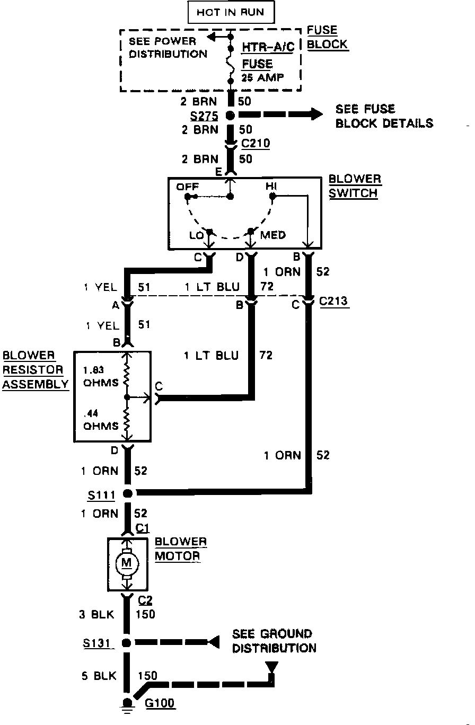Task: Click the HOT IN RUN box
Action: [x=230, y=12]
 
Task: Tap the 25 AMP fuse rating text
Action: [x=262, y=77]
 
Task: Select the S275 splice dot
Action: [x=231, y=114]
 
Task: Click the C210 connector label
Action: [x=255, y=144]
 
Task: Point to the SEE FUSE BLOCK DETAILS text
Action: [x=384, y=116]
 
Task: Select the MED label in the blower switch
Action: [x=273, y=234]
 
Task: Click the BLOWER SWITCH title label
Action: [x=354, y=185]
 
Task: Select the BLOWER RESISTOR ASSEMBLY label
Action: [x=35, y=369]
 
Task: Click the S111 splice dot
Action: [x=127, y=494]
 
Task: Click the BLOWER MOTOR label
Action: [x=180, y=549]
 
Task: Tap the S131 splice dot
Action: [x=127, y=643]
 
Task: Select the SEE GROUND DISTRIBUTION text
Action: [x=274, y=641]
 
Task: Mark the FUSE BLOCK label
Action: [x=327, y=37]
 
